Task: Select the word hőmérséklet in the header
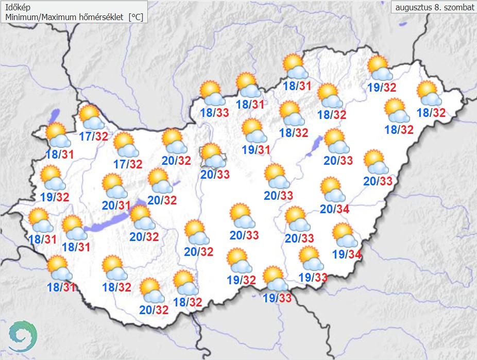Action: [x=101, y=17]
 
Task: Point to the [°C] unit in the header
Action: [x=136, y=17]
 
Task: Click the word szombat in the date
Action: [x=457, y=8]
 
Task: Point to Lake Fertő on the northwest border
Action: [x=55, y=114]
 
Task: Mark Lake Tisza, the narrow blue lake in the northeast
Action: [x=315, y=145]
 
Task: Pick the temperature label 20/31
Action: [x=116, y=205]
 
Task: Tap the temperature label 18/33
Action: [x=215, y=114]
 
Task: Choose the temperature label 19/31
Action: [x=256, y=150]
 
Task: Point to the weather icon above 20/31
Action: [x=114, y=185]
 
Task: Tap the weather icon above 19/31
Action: [x=254, y=130]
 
